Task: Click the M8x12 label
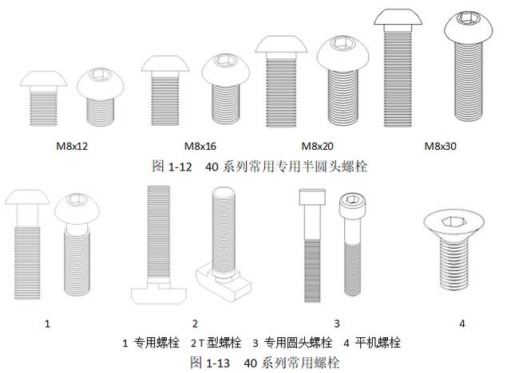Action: point(71,147)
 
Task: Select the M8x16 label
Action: point(200,147)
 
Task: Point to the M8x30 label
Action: point(440,147)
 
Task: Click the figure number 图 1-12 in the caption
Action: point(169,166)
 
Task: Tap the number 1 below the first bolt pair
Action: point(47,324)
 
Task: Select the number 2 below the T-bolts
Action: point(194,324)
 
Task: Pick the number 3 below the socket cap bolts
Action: point(337,324)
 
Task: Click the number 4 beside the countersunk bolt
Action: point(461,324)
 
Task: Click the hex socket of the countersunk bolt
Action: point(451,221)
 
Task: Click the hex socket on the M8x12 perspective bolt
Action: point(102,77)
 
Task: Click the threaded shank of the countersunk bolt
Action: point(452,267)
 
